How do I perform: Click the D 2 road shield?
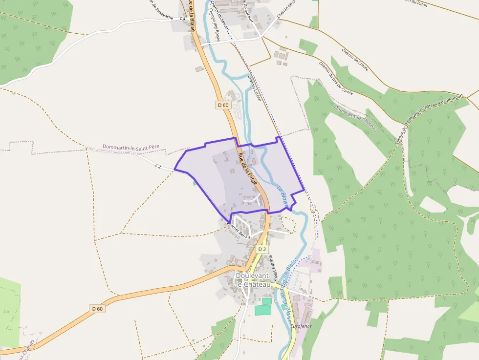coord(262,249)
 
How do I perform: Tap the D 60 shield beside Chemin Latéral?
coord(223,105)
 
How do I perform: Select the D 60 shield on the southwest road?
coord(97,308)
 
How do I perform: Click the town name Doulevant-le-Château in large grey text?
coord(253,279)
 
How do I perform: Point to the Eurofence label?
coord(301,326)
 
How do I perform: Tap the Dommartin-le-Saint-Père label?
coord(131,147)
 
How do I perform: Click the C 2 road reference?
coord(158,167)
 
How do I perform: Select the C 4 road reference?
coord(182,18)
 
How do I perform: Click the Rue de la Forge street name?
coord(247,169)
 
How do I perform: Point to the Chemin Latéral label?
coord(255,88)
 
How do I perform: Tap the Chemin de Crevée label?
coord(355,59)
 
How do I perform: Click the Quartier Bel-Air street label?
coord(239,231)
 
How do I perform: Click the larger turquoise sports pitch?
coord(262,310)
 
